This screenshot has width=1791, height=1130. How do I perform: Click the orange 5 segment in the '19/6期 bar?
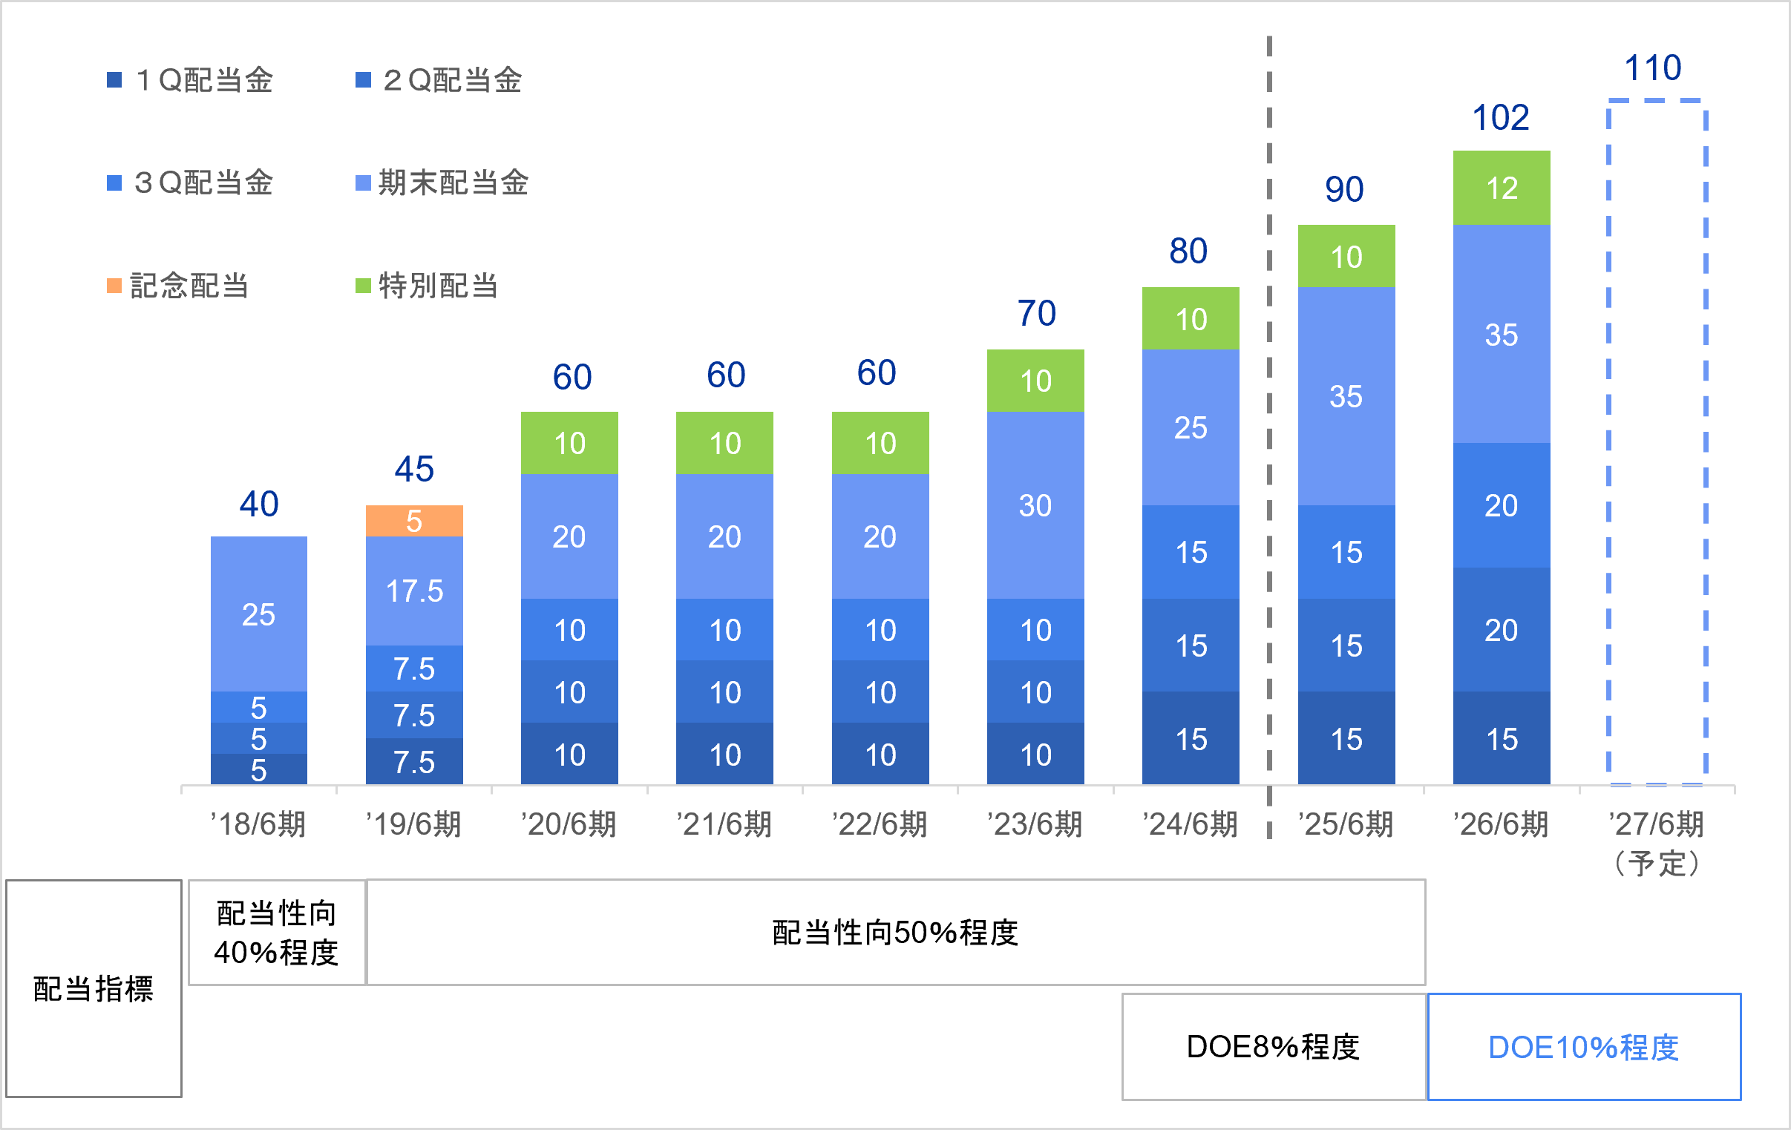[414, 520]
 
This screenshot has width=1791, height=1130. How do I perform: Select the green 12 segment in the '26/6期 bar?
[1502, 187]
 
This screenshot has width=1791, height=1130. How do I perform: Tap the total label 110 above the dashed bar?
[1653, 68]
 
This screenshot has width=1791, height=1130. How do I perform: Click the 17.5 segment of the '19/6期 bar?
[414, 591]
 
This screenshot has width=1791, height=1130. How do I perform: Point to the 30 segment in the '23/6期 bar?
[1035, 505]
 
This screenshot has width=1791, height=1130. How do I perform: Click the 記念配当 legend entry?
[177, 286]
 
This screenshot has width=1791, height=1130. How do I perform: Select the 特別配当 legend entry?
[427, 286]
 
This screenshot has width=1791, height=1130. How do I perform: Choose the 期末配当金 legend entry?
[442, 183]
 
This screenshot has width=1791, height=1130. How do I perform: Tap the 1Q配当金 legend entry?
[191, 80]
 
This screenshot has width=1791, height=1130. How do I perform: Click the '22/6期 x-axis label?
[880, 824]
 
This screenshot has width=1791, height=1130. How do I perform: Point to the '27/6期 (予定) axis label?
[1657, 843]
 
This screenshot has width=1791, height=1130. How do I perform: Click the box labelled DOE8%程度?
[1274, 1047]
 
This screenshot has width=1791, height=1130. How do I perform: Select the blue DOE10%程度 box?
[1584, 1047]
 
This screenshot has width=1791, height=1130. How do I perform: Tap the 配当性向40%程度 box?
[277, 932]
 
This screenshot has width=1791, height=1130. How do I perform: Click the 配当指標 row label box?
[94, 989]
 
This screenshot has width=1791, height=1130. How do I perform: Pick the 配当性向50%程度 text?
[895, 932]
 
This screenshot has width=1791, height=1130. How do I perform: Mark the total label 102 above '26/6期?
[1501, 117]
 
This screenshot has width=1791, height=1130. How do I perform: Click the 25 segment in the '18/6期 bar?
[259, 614]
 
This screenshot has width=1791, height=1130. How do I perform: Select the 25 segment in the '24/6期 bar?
[1191, 427]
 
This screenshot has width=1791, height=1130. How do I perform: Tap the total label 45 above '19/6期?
[414, 469]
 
